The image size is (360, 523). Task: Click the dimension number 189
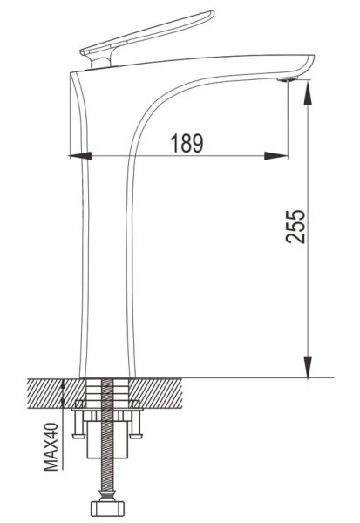[x=187, y=144]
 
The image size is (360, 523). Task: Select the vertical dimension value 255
[x=295, y=227]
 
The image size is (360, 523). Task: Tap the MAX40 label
[x=51, y=446]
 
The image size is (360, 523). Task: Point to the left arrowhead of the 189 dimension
[x=79, y=155]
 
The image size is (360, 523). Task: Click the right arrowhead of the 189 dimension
[x=275, y=155]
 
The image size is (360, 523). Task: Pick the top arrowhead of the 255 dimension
[x=308, y=92]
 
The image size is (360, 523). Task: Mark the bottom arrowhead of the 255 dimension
[x=308, y=367]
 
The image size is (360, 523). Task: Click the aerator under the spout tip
[x=288, y=79]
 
